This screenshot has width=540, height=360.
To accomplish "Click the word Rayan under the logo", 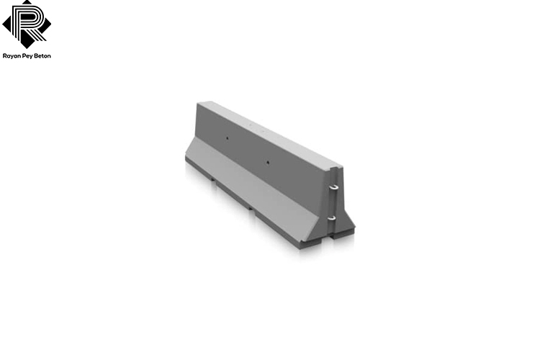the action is click(x=12, y=56).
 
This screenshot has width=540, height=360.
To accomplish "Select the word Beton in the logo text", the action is click(x=42, y=56).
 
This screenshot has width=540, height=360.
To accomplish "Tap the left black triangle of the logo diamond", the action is click(x=7, y=24).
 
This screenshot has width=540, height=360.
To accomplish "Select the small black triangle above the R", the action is click(x=27, y=2).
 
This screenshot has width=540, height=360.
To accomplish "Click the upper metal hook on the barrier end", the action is click(x=333, y=187).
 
